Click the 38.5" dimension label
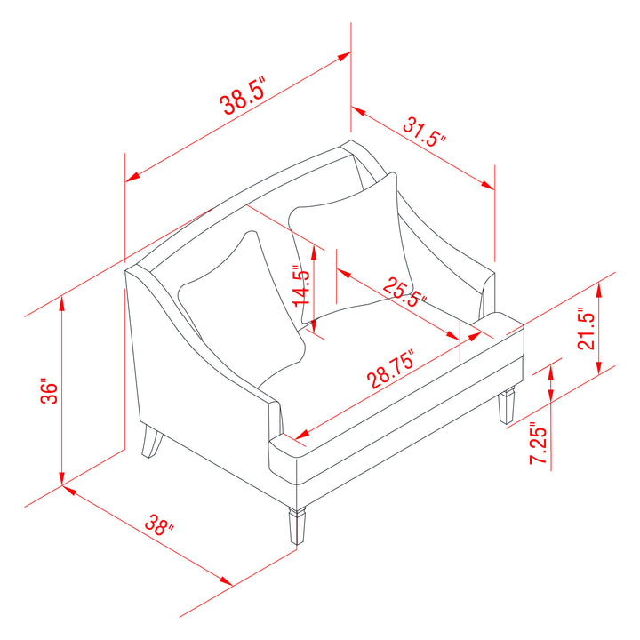point(243,95)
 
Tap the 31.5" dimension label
point(424,132)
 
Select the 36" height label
point(50,393)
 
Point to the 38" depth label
point(159,525)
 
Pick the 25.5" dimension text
point(405,292)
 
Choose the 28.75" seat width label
point(390,368)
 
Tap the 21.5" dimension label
point(586,329)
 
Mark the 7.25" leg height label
point(538,445)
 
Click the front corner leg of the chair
point(297,525)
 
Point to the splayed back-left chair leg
point(151,441)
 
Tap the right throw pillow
point(352,248)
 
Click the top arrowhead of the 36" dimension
point(61,303)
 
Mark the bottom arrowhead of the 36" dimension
point(61,477)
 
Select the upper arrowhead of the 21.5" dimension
point(599,290)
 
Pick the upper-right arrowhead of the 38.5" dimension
point(343,56)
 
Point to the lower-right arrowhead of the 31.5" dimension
point(487,185)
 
